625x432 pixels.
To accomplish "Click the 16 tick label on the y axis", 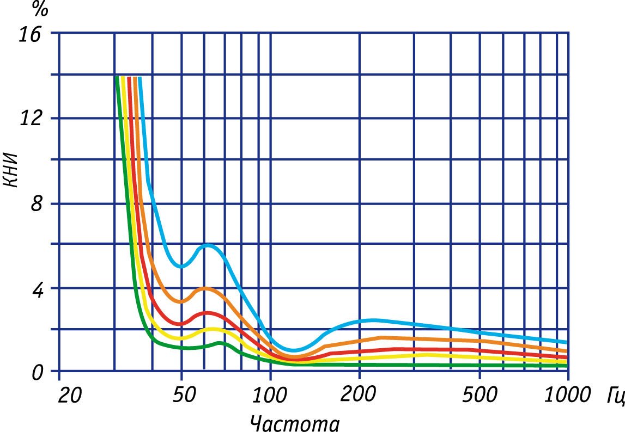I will [x=30, y=34].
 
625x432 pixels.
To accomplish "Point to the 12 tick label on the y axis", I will [x=30, y=119].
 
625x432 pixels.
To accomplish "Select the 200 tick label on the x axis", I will [x=359, y=395].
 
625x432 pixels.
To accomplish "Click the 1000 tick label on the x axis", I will [x=567, y=395].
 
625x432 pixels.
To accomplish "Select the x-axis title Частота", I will [x=295, y=422].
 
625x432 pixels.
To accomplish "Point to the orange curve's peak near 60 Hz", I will [x=206, y=288].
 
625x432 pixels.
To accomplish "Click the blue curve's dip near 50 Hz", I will [x=181, y=266].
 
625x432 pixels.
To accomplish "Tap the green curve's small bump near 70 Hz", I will [x=220, y=342].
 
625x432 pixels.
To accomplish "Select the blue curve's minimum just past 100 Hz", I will [x=293, y=350].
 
